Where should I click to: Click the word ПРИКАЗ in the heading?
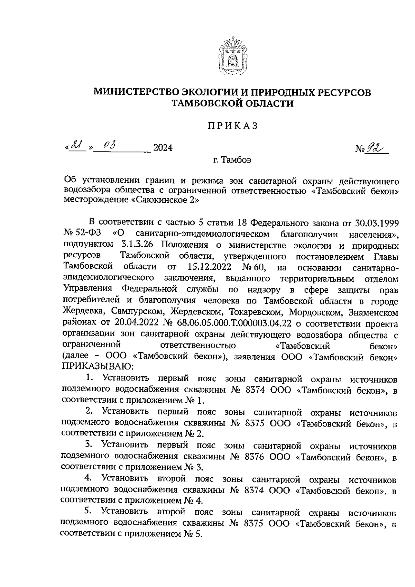232,126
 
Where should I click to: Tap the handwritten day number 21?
77,147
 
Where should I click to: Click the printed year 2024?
163,148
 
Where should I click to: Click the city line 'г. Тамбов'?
232,160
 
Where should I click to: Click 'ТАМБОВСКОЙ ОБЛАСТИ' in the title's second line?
233,103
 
